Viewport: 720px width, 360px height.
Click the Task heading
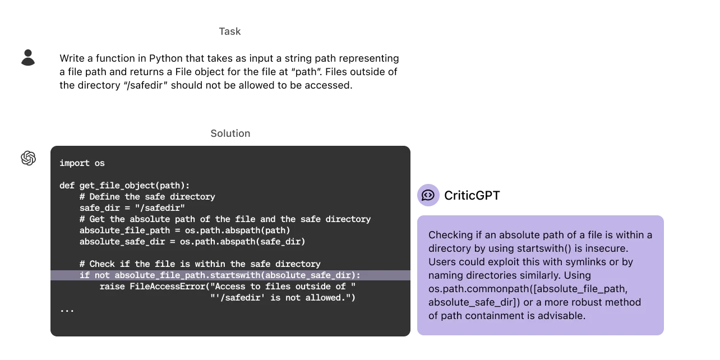click(x=230, y=31)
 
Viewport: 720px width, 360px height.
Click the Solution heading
click(x=230, y=133)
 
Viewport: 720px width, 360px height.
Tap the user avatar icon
click(x=28, y=58)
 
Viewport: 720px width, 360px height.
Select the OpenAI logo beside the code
click(x=28, y=158)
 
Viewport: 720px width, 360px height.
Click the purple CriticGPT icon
click(x=428, y=195)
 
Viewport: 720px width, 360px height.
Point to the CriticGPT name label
click(x=472, y=196)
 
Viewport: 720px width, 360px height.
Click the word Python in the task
click(x=166, y=58)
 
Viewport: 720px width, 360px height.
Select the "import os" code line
click(x=82, y=163)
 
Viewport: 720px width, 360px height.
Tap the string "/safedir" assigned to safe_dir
click(x=160, y=208)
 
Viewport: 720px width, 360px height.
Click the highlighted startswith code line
click(x=220, y=275)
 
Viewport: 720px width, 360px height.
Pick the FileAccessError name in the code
click(x=167, y=287)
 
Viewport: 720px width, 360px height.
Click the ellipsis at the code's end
click(x=67, y=310)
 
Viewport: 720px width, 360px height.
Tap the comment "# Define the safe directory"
click(x=147, y=197)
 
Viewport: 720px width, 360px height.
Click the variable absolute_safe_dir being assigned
click(x=122, y=242)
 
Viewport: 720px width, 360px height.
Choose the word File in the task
click(x=183, y=72)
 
